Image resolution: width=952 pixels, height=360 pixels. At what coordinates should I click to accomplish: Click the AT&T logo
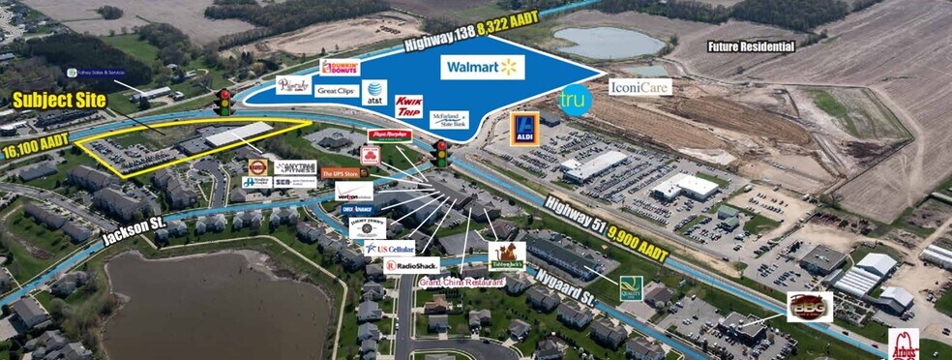point(373,92)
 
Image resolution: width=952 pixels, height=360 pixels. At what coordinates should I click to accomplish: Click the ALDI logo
point(523,129)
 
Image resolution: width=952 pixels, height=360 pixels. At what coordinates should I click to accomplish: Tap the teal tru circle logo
point(574,100)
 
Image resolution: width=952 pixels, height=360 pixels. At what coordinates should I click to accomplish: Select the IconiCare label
point(640,86)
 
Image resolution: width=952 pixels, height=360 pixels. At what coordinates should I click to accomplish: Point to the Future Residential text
point(751,46)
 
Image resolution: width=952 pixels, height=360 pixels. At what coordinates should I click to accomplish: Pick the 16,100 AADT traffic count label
point(30,149)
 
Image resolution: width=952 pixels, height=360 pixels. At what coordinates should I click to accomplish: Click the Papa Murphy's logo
point(390,135)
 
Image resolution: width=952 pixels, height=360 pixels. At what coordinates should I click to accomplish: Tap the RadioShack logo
point(412,264)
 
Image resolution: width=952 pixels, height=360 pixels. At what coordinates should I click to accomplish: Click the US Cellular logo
point(390,247)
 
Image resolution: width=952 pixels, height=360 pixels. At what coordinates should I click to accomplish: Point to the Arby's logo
point(903,345)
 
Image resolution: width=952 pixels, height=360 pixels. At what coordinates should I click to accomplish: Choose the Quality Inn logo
point(631,287)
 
